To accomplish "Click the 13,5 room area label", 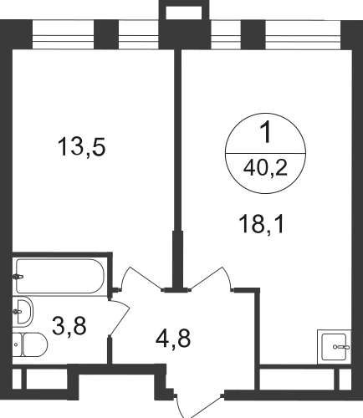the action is tap(81, 147).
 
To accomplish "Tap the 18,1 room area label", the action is tap(261, 225).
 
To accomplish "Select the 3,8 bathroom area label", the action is tap(69, 326).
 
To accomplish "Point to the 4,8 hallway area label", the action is tap(173, 339).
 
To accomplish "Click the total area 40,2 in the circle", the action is tap(265, 169).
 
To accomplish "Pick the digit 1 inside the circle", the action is tap(266, 133).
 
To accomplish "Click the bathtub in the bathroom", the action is tap(60, 276).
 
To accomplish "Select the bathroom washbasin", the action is tap(23, 311).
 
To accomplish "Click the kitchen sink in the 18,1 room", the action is tap(334, 347).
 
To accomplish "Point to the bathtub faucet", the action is tap(18, 277).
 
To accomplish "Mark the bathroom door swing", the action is tap(120, 318).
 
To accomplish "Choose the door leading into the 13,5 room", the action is tap(141, 278).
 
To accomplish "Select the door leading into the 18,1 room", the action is tap(212, 278).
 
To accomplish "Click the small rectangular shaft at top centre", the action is tap(184, 10).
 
